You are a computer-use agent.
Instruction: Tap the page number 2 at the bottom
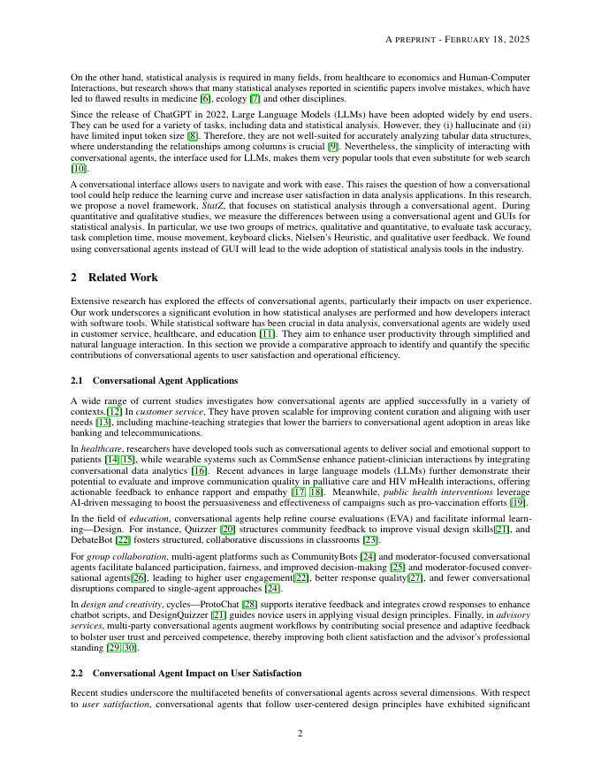point(300,731)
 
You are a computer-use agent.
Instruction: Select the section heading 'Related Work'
point(123,278)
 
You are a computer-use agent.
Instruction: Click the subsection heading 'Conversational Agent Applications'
point(165,380)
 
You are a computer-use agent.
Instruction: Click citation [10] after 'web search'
point(79,168)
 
